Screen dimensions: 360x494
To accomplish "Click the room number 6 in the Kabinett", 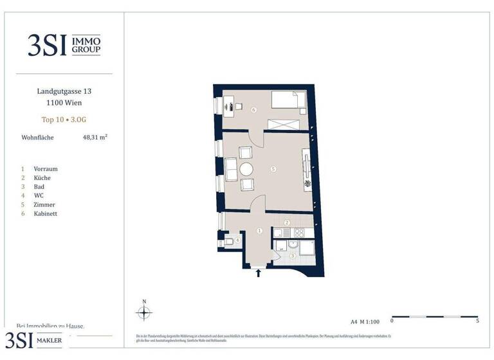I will pos(254,110).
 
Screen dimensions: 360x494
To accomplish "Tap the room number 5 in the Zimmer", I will pos(273,169).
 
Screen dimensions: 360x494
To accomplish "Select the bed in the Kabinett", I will pos(288,100).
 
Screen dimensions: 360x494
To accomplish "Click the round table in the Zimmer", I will pos(247,169).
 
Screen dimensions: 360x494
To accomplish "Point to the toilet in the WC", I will pos(229,242).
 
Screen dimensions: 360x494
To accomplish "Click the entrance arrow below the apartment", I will pos(259,273).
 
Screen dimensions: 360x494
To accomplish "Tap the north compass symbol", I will pos(144,312).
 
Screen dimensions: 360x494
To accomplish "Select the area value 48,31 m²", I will pos(95,137).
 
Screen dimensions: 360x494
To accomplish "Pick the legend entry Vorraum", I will pos(47,168).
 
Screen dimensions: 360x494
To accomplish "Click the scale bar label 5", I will pos(477,320).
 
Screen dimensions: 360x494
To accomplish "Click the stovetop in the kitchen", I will pos(299,233).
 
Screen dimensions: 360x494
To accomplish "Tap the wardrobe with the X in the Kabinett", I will pos(284,125).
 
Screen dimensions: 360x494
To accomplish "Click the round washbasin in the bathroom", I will pos(293,244).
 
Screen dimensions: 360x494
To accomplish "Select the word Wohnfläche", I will pos(38,137).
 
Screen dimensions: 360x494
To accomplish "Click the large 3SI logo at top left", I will pos(47,45).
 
